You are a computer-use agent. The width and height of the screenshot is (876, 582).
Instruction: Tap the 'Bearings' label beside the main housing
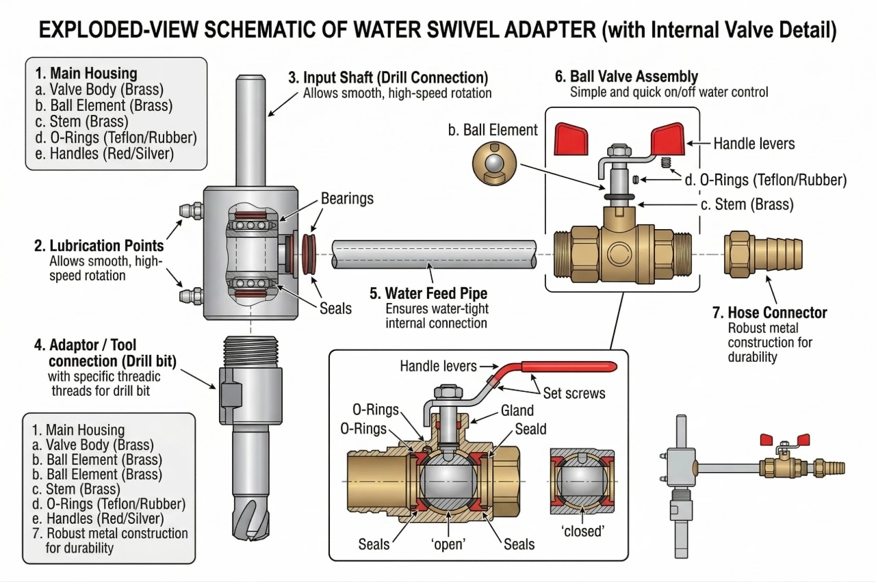[x=347, y=199]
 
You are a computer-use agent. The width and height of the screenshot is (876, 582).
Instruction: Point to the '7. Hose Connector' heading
[x=769, y=313]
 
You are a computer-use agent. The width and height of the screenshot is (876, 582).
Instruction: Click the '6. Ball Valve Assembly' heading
[x=626, y=77]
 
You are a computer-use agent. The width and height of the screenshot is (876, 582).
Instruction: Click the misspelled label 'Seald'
[x=530, y=429]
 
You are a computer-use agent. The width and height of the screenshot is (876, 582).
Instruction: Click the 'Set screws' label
[x=574, y=394]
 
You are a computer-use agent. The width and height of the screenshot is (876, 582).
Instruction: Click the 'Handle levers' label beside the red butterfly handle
[x=754, y=144]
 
